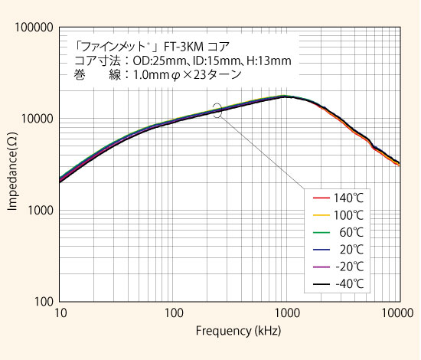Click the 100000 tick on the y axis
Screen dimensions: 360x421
(34, 28)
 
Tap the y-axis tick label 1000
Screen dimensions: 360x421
(39, 211)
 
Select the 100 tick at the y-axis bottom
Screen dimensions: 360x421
(42, 302)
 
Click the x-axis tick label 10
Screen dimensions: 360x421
(61, 314)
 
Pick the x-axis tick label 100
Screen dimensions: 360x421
(174, 314)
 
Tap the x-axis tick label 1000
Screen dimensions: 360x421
(287, 314)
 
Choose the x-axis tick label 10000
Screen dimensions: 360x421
(398, 314)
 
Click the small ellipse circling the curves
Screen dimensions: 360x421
(219, 110)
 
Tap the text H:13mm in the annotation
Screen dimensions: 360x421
(266, 60)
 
